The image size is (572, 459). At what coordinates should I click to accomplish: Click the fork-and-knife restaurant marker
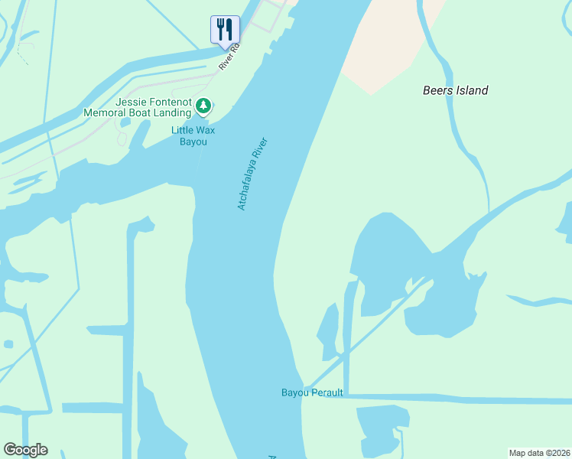coord(225,30)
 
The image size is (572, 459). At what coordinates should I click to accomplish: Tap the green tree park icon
coord(203,106)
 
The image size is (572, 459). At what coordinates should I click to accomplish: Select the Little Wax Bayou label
coord(193,135)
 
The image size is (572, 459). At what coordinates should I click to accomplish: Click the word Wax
coord(205,130)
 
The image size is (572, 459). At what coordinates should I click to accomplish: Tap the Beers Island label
coord(455,90)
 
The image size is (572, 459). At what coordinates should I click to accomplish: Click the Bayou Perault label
coord(312,393)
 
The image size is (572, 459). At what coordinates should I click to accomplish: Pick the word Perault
coord(327,393)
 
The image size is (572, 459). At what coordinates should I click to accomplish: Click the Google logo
coord(25,450)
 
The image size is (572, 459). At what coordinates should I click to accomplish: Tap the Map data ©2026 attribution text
coord(539,452)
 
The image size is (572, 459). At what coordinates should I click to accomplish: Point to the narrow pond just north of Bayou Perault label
coord(329,330)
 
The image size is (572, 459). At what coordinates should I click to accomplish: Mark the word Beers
coord(437,90)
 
